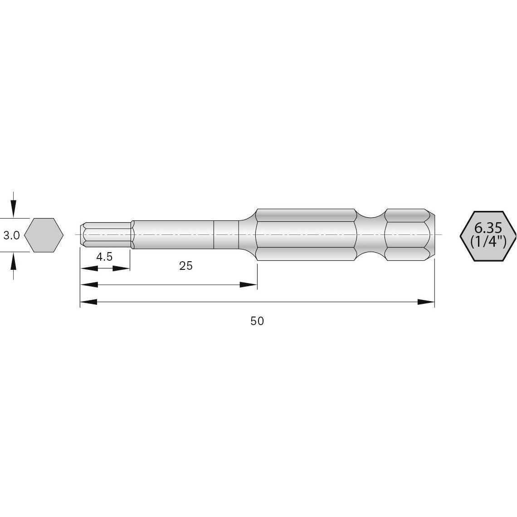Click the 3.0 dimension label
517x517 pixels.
pyautogui.click(x=11, y=235)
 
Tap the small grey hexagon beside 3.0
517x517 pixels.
pyautogui.click(x=44, y=235)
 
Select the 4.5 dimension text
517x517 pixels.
pyautogui.click(x=104, y=257)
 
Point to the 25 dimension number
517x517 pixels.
pyautogui.click(x=185, y=266)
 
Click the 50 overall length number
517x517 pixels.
pyautogui.click(x=257, y=321)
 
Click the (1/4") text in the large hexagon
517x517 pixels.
pyautogui.click(x=488, y=241)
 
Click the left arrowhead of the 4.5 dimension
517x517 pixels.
pyautogui.click(x=89, y=268)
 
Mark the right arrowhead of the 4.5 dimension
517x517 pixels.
pyautogui.click(x=121, y=268)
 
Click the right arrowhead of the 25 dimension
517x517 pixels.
pyautogui.click(x=248, y=285)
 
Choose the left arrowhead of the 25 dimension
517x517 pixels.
pyautogui.click(x=89, y=285)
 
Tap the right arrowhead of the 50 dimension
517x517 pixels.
pyautogui.click(x=425, y=302)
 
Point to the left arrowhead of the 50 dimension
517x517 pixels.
pyautogui.click(x=89, y=302)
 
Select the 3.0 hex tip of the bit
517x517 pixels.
pyautogui.click(x=107, y=234)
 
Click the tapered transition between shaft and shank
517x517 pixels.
pyautogui.click(x=248, y=234)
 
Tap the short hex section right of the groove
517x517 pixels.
pyautogui.click(x=407, y=234)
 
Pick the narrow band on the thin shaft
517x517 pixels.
pyautogui.click(x=226, y=234)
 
